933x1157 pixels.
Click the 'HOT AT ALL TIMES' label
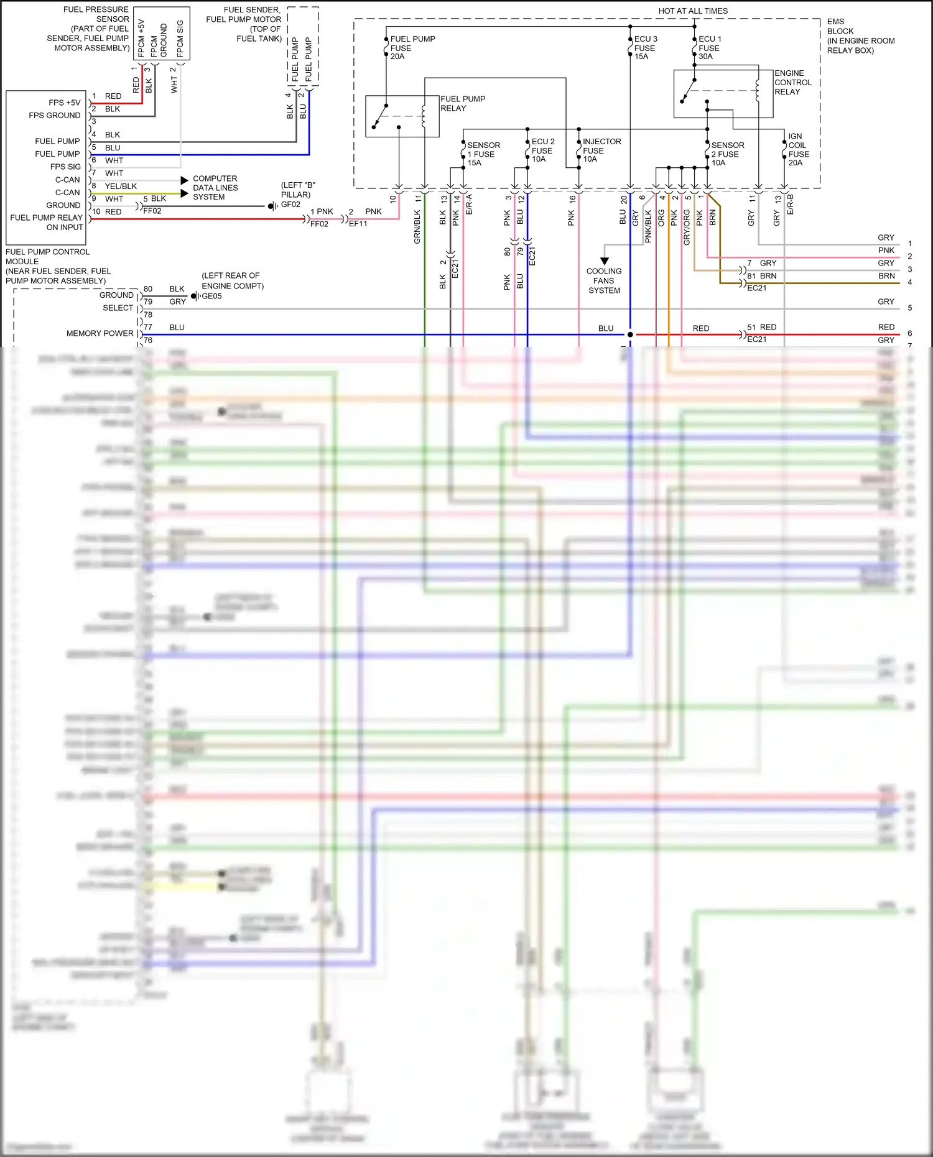point(693,11)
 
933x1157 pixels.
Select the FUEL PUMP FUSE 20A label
point(412,48)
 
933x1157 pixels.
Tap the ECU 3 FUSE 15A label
point(645,48)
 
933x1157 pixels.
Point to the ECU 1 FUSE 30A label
point(709,48)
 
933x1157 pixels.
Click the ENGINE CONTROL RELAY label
point(792,83)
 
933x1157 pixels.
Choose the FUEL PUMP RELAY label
point(462,103)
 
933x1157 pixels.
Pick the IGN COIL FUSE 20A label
point(798,150)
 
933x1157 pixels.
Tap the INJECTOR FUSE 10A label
point(601,150)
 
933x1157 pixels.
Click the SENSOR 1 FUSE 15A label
point(483,154)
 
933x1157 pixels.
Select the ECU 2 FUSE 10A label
point(542,150)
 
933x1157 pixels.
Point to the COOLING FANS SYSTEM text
point(603,281)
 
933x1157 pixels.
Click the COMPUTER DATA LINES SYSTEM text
point(215,188)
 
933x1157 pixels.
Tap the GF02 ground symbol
point(272,206)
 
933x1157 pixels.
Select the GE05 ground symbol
point(194,296)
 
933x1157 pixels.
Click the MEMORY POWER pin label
point(100,334)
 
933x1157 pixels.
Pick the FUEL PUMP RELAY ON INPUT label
point(47,223)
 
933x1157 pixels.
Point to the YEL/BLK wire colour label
point(121,187)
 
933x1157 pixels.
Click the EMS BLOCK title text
point(860,36)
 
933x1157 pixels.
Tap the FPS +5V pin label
point(64,103)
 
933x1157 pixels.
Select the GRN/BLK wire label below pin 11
point(417,226)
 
